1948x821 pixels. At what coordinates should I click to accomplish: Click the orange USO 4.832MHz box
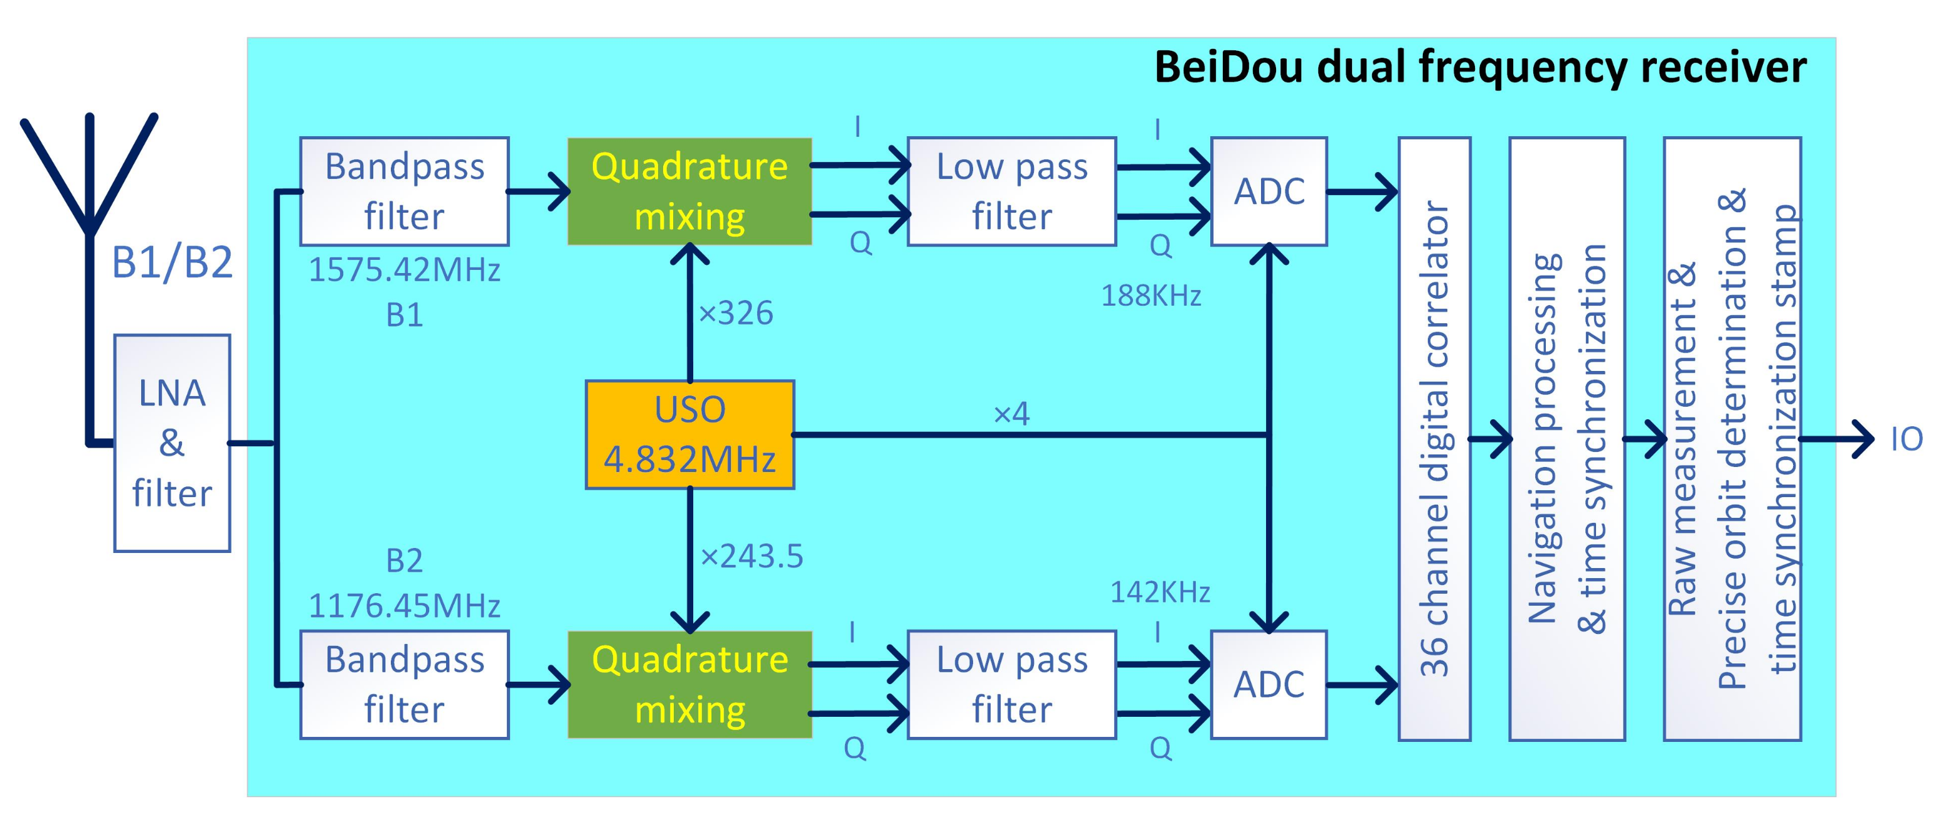pyautogui.click(x=689, y=434)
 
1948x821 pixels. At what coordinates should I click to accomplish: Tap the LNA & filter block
pyautogui.click(x=172, y=443)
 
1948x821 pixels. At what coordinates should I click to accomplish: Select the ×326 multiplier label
pyautogui.click(x=735, y=313)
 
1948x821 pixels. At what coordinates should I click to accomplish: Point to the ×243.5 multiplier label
pyautogui.click(x=751, y=556)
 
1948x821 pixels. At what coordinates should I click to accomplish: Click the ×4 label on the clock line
pyautogui.click(x=1011, y=413)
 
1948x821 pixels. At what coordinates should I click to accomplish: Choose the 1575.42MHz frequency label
pyautogui.click(x=404, y=270)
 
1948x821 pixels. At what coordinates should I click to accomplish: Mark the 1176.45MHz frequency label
pyautogui.click(x=404, y=605)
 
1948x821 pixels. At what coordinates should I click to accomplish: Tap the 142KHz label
pyautogui.click(x=1159, y=592)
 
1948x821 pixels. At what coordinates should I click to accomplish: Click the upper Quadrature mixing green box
pyautogui.click(x=689, y=191)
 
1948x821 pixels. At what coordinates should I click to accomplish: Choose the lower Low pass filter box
pyautogui.click(x=1011, y=684)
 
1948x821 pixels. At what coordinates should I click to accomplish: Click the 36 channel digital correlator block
pyautogui.click(x=1434, y=438)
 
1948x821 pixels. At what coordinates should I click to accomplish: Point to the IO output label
pyautogui.click(x=1906, y=439)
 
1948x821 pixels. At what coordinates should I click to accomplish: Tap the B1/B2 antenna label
pyautogui.click(x=172, y=262)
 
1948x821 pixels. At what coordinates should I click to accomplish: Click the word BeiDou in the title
pyautogui.click(x=1228, y=67)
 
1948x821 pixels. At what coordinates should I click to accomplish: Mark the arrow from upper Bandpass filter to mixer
pyautogui.click(x=538, y=191)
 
